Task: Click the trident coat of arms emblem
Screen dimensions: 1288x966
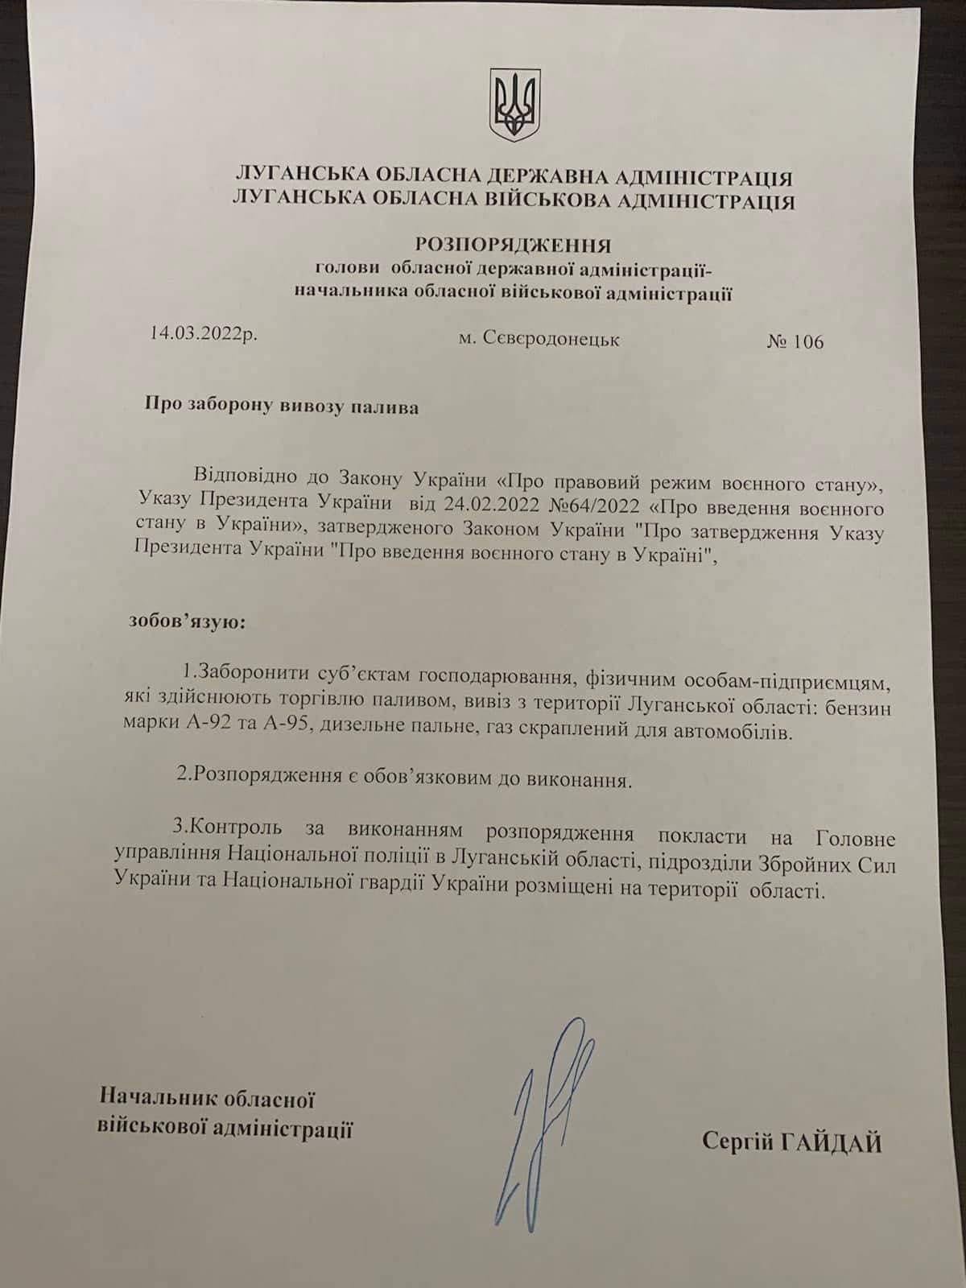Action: [x=514, y=102]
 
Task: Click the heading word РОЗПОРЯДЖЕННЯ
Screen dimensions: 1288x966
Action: [x=514, y=244]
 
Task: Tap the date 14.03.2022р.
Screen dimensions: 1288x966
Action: [x=204, y=332]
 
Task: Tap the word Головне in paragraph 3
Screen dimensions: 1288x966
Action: [x=855, y=838]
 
